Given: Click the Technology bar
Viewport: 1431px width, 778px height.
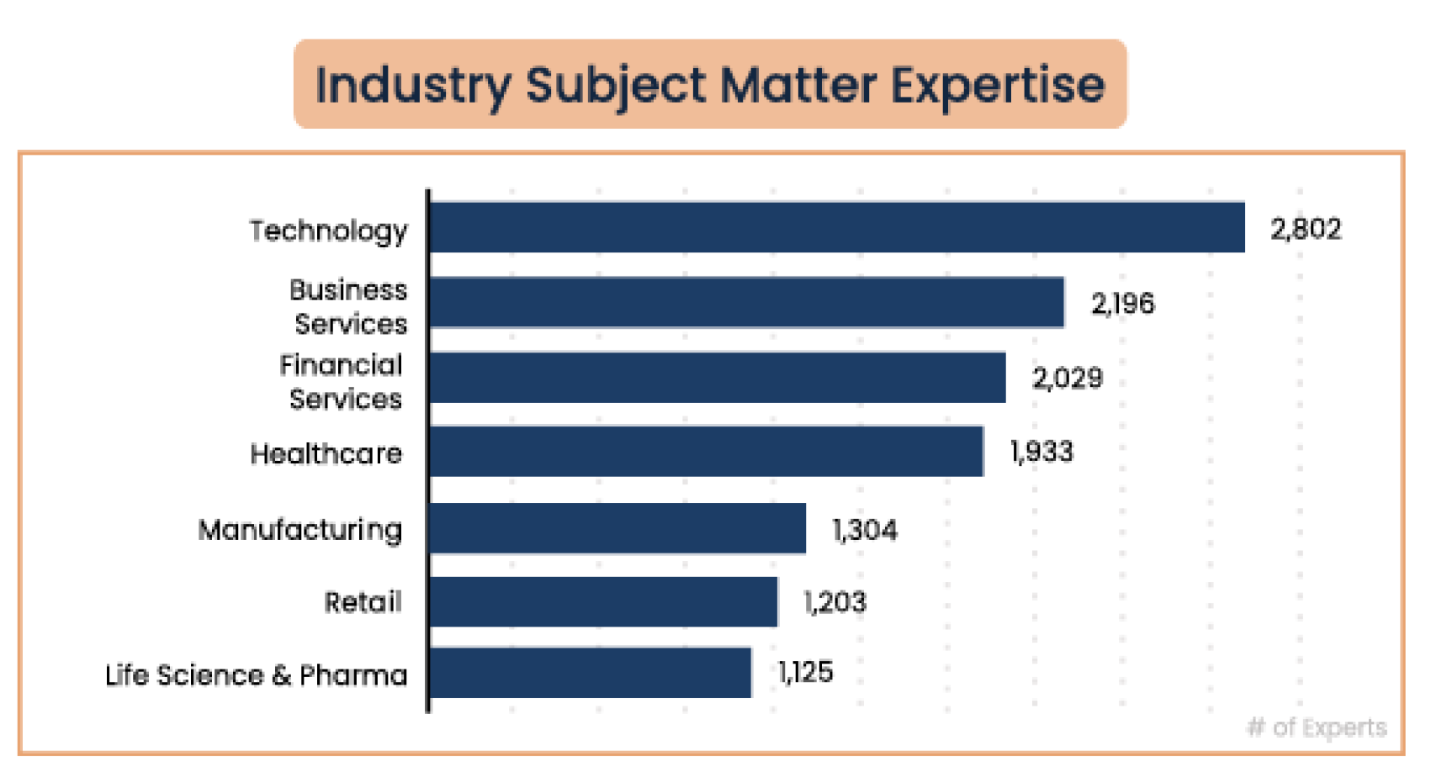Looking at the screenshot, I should tap(837, 227).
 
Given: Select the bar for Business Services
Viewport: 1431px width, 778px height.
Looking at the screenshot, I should tap(747, 302).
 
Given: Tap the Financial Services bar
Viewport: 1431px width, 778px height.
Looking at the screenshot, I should tap(718, 378).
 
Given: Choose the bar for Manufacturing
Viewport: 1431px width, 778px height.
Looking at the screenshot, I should tap(617, 528).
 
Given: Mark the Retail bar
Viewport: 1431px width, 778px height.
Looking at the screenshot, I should tap(603, 601).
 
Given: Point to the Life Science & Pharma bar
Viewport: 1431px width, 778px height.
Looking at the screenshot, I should tap(591, 672).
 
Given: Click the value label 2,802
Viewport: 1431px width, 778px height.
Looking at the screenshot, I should tap(1306, 229).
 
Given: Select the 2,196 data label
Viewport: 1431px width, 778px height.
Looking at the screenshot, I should tap(1123, 303).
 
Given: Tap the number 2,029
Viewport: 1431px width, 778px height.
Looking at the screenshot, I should tap(1068, 378).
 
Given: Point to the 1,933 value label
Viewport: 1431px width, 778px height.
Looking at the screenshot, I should tap(1042, 452).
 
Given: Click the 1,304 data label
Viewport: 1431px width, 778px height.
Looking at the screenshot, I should tap(865, 530).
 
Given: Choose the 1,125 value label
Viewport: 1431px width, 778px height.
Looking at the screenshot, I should tap(806, 672).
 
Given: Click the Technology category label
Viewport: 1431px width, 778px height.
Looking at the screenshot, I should tap(329, 230).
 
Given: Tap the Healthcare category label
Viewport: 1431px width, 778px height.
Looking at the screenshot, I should tap(326, 454).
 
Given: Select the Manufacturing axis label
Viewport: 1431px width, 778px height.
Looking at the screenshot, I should tap(300, 530).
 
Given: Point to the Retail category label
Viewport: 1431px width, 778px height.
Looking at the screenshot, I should tap(363, 602).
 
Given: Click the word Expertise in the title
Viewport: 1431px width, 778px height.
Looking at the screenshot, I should tap(998, 85).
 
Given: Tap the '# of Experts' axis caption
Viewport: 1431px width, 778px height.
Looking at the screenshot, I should tap(1317, 728).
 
